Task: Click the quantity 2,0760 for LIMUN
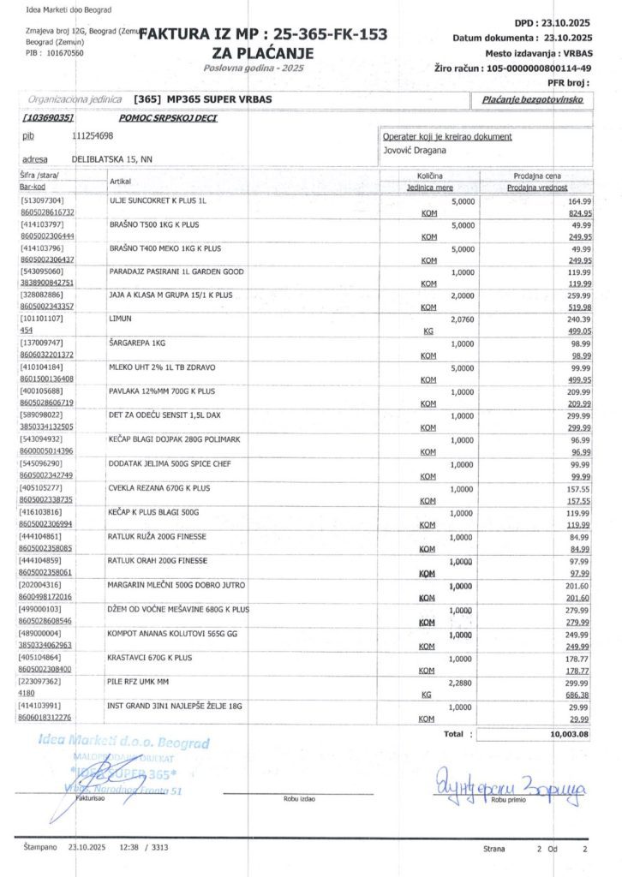[x=459, y=318]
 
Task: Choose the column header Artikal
[x=120, y=182]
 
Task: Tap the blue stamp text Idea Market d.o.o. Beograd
[x=123, y=743]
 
